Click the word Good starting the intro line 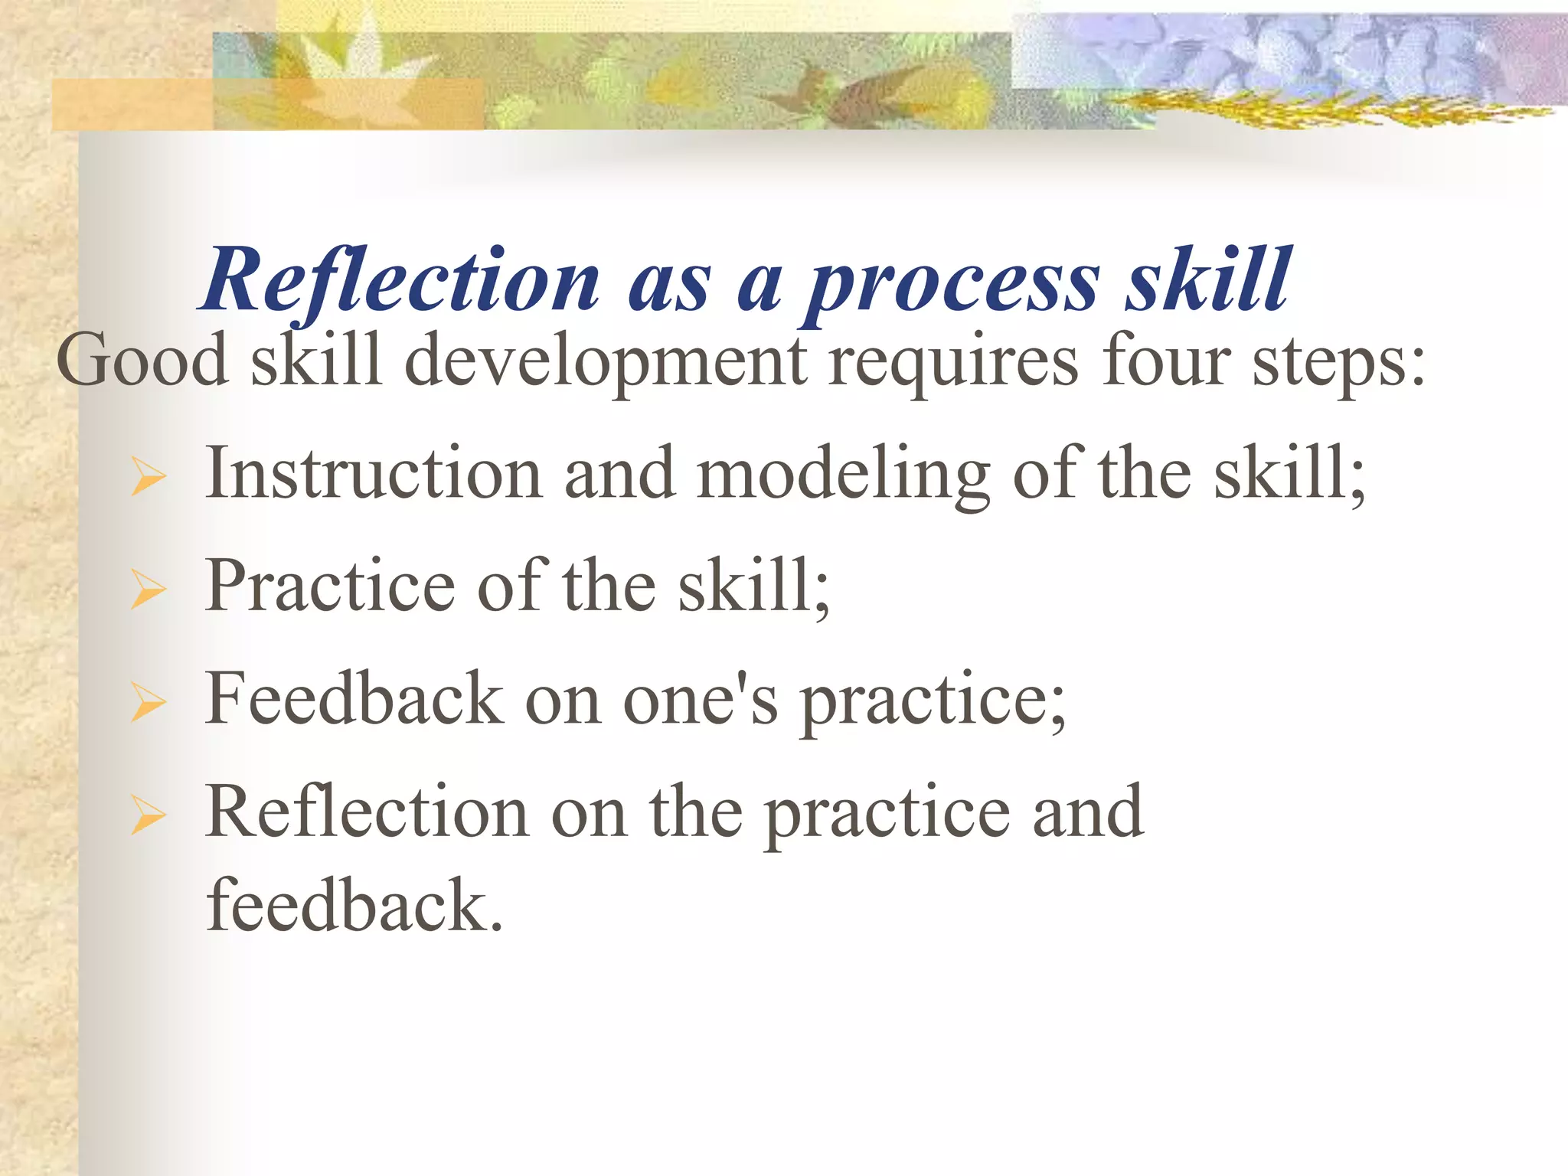[x=142, y=360]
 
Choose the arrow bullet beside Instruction [x=149, y=476]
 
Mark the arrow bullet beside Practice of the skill [x=149, y=589]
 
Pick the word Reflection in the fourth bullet [x=367, y=812]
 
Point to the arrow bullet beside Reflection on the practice [x=149, y=815]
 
